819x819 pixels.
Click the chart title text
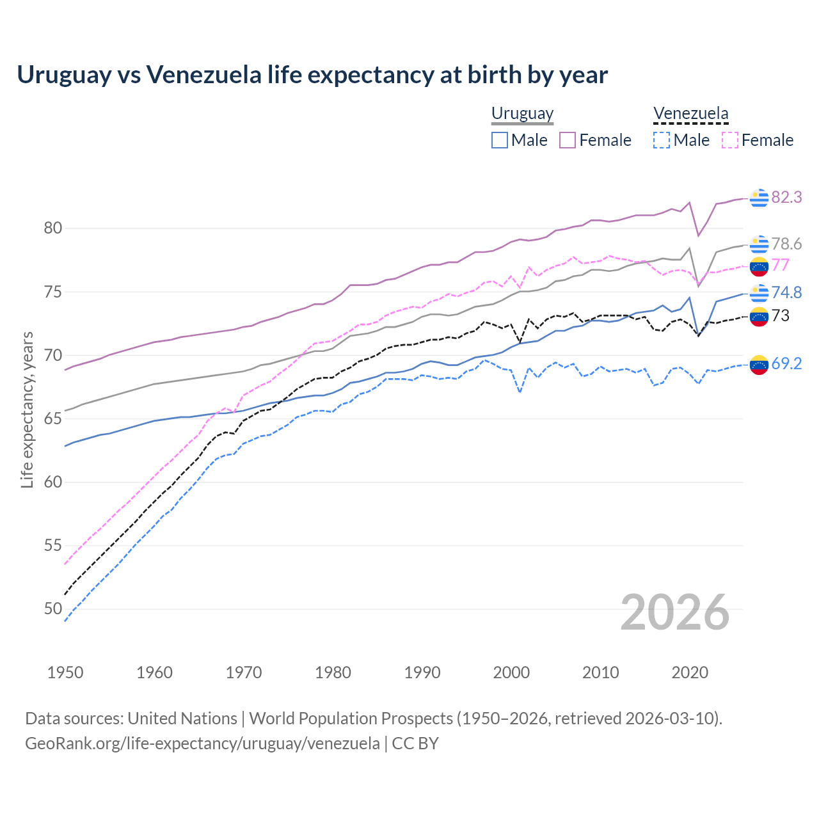pos(312,75)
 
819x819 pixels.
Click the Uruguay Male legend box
pos(500,140)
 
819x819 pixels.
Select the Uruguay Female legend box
pos(568,140)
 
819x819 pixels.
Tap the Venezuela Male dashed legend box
pos(662,140)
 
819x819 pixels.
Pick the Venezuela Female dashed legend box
pos(730,140)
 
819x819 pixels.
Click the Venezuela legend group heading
pos(690,114)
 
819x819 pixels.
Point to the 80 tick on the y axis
pos(53,228)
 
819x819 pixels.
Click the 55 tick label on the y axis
pos(53,546)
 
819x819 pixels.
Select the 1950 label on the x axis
pos(65,672)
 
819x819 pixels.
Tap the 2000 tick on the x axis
pos(511,672)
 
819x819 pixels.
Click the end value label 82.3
pos(786,198)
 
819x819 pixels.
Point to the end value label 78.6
pos(786,244)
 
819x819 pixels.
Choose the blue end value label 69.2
pos(786,364)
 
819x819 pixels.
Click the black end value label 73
pos(780,315)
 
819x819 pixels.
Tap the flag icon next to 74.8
pos(759,292)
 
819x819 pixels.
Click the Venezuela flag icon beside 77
pos(759,266)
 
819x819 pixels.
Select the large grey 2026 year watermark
pos(675,613)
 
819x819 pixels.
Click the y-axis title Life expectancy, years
pos(27,409)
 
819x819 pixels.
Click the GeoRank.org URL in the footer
pos(202,743)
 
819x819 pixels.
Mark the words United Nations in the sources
pos(182,719)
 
